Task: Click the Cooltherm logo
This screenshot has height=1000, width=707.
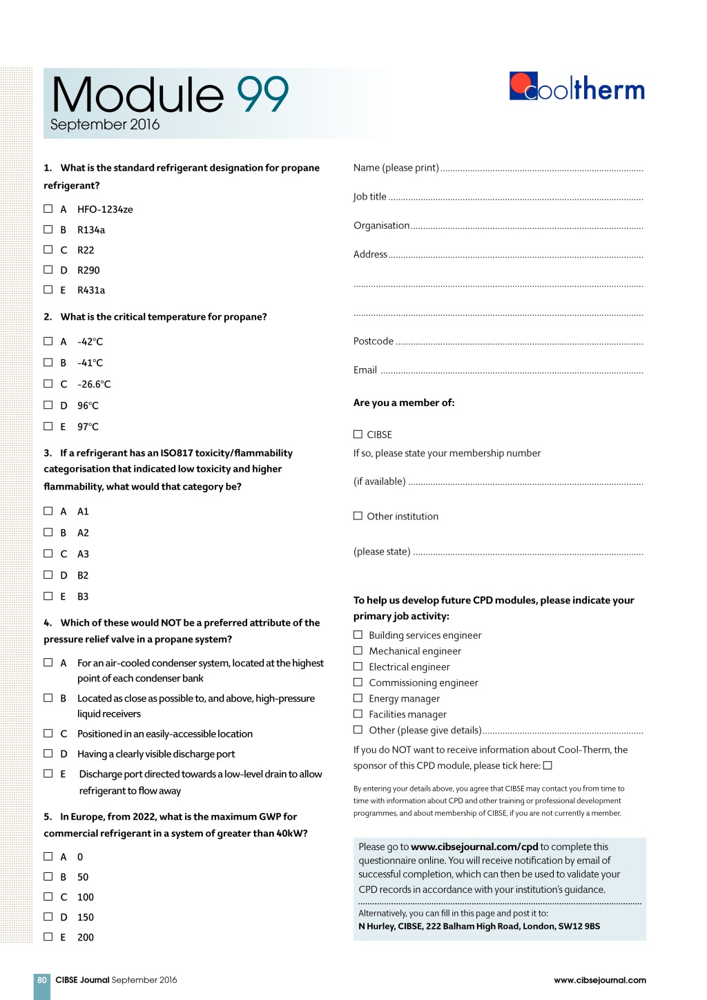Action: pos(577,88)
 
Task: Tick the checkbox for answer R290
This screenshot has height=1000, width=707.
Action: pos(48,269)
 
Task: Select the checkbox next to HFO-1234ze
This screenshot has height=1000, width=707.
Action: pos(48,209)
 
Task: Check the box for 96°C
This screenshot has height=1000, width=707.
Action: pos(48,405)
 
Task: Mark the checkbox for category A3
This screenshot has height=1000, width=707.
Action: pos(48,553)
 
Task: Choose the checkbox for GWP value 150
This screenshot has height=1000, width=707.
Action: pos(48,916)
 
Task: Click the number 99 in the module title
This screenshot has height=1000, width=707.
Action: pos(262,95)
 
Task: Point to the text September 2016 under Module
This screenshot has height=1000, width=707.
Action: pos(105,125)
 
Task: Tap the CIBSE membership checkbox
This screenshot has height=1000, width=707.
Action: pos(358,434)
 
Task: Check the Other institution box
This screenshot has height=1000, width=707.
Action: pos(358,516)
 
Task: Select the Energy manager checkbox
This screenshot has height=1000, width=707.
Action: pos(358,698)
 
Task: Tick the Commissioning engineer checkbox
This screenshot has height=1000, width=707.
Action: pos(358,682)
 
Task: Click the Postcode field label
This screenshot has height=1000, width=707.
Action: pos(374,341)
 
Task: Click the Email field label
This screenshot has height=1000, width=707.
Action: pos(365,370)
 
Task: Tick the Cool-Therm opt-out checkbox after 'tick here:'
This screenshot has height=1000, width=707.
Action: pos(548,765)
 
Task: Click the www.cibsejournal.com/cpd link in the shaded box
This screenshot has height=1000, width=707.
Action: pos(474,847)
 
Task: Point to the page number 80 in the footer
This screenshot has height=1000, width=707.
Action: pos(42,980)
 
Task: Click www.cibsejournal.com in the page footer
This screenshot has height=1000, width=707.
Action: pos(600,980)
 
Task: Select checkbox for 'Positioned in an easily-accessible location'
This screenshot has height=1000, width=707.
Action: pos(48,733)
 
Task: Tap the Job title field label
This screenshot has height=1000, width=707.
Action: pos(370,197)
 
